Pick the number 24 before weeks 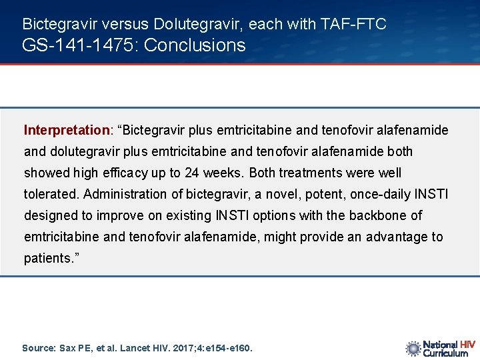(x=191, y=173)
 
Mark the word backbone (x=383, y=215)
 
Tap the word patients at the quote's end (x=47, y=258)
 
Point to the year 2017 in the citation (x=180, y=348)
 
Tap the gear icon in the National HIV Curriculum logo (x=413, y=348)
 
